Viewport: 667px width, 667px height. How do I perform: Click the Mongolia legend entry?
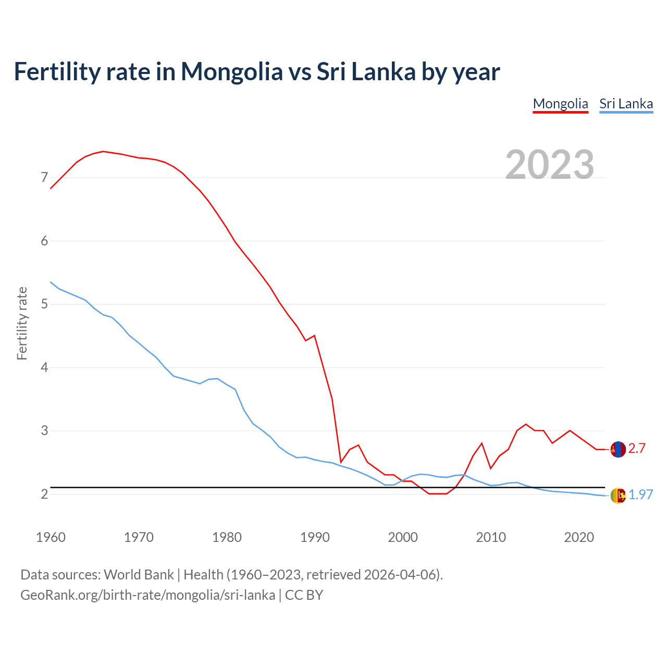pyautogui.click(x=560, y=104)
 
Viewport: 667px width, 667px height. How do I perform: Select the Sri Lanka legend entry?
pyautogui.click(x=626, y=104)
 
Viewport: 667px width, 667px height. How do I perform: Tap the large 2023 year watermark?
pyautogui.click(x=549, y=165)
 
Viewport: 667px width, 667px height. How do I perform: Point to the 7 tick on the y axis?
pyautogui.click(x=44, y=178)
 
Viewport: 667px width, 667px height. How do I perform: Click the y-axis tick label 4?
pyautogui.click(x=44, y=367)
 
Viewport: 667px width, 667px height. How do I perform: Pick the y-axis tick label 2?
pyautogui.click(x=44, y=494)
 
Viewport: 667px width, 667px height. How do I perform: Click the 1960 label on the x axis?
pyautogui.click(x=51, y=537)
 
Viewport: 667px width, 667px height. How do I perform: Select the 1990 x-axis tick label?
pyautogui.click(x=315, y=537)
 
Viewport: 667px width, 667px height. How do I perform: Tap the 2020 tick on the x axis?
pyautogui.click(x=579, y=537)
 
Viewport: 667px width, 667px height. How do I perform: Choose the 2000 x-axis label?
pyautogui.click(x=403, y=537)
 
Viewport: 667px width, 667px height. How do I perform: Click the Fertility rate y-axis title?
pyautogui.click(x=22, y=323)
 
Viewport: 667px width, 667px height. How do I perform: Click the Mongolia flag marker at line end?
pyautogui.click(x=618, y=449)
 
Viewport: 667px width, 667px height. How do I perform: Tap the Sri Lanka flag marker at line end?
pyautogui.click(x=618, y=496)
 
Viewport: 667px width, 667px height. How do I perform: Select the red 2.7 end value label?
pyautogui.click(x=637, y=449)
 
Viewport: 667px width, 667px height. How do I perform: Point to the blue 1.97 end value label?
pyautogui.click(x=640, y=495)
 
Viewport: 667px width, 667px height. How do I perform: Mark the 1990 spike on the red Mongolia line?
pyautogui.click(x=314, y=336)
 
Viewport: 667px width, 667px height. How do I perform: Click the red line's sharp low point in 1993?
pyautogui.click(x=341, y=462)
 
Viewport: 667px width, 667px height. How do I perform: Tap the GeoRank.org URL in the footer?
pyautogui.click(x=147, y=595)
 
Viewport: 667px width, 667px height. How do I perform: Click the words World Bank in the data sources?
pyautogui.click(x=139, y=575)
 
